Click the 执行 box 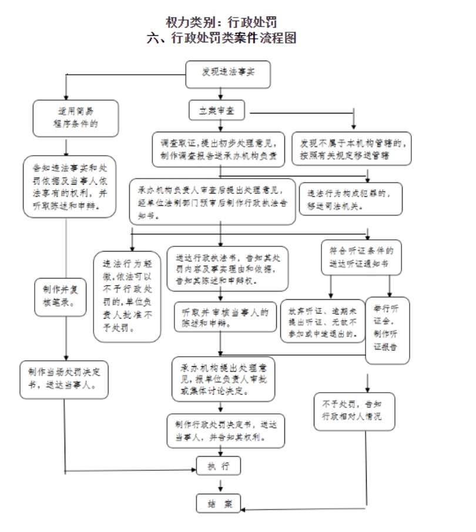(x=219, y=467)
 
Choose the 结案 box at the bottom (x=219, y=503)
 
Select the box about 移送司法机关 (x=351, y=199)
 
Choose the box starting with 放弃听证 (x=323, y=320)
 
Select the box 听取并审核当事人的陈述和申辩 (x=224, y=317)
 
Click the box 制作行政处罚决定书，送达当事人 (x=226, y=430)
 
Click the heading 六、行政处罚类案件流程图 (x=222, y=39)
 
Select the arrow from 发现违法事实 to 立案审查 (x=220, y=94)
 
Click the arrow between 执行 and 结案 (x=220, y=485)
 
